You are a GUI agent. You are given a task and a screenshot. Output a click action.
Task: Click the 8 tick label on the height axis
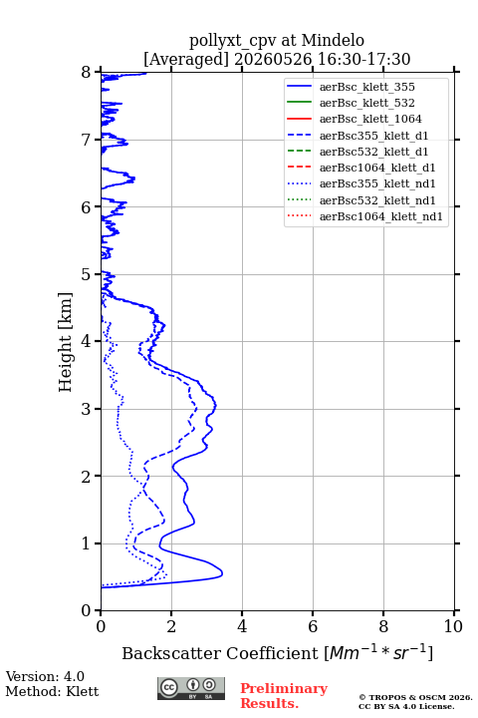[x=87, y=73]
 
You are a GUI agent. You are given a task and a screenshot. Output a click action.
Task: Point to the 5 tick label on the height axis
[x=87, y=275]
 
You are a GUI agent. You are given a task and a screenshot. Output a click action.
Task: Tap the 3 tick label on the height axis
[x=87, y=409]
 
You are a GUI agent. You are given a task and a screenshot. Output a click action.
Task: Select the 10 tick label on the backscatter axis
[x=453, y=626]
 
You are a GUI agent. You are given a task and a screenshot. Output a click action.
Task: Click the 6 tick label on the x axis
[x=313, y=626]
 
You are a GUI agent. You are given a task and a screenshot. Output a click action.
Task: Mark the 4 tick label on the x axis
[x=242, y=626]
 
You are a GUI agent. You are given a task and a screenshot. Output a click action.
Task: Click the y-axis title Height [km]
[x=66, y=342]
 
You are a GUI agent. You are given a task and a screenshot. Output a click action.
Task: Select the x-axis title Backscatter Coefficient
[x=219, y=653]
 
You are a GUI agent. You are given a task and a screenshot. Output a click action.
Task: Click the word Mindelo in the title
[x=333, y=40]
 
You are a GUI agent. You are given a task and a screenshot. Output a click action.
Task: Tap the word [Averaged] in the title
[x=185, y=59]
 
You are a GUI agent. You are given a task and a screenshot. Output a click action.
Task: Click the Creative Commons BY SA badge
[x=191, y=689]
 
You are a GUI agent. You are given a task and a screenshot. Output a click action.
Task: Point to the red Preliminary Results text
[x=284, y=696]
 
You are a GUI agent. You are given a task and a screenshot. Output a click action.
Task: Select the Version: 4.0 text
[x=45, y=676]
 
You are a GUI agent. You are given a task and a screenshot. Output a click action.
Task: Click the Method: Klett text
[x=52, y=691]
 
